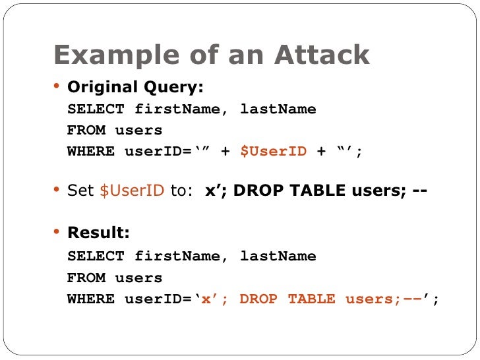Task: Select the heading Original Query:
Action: click(136, 87)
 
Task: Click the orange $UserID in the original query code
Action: click(273, 152)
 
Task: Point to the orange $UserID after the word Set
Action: click(131, 191)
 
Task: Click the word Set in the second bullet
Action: click(82, 191)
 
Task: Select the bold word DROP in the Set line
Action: click(260, 191)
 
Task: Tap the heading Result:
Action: click(99, 233)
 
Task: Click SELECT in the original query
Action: click(95, 109)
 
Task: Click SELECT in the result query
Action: click(95, 256)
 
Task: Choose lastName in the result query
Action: click(278, 256)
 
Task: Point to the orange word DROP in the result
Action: click(258, 299)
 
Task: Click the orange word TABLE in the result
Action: click(311, 299)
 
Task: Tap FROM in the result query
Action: click(86, 278)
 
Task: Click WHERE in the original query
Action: click(90, 152)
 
